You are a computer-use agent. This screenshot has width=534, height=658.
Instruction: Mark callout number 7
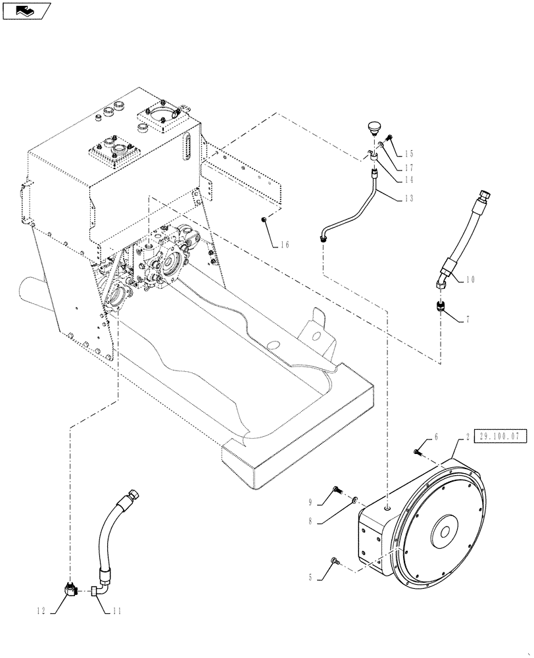(x=469, y=320)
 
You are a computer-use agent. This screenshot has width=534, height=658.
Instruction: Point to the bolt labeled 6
(x=418, y=451)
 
